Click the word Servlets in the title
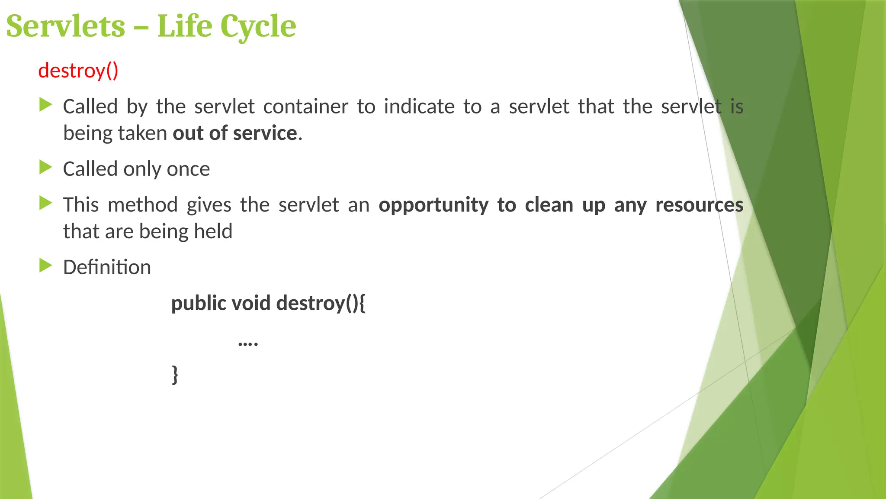point(66,26)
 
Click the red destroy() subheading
point(78,71)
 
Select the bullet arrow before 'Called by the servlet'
point(45,105)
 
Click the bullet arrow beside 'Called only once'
point(45,167)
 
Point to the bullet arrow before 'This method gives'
point(45,203)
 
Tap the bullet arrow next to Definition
point(45,266)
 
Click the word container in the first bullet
point(305,107)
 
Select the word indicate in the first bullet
point(419,107)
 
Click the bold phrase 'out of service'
point(235,133)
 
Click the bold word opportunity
point(433,205)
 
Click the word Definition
point(107,267)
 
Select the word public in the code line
point(199,303)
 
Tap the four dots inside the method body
point(248,344)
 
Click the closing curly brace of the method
point(175,375)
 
